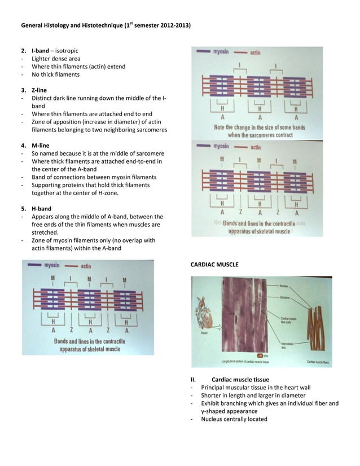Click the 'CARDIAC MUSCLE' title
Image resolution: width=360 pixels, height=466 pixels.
(x=215, y=265)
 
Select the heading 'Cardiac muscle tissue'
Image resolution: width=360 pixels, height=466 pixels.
(x=244, y=380)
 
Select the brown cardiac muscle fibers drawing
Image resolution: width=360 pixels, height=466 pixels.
(x=319, y=319)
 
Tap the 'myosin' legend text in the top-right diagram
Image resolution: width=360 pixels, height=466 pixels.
(x=221, y=52)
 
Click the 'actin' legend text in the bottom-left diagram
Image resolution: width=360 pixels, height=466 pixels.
(x=86, y=265)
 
